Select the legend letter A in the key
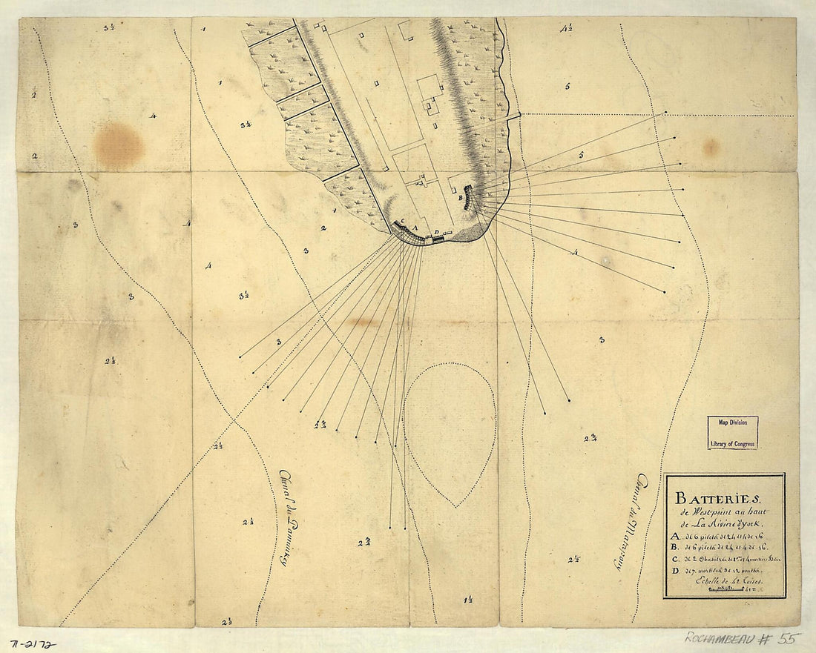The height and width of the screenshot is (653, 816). (x=674, y=537)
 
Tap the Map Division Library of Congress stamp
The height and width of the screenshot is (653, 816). (x=732, y=432)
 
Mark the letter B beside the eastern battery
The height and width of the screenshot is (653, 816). (x=460, y=198)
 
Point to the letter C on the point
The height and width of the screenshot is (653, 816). (x=402, y=222)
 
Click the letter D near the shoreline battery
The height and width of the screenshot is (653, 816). (x=437, y=232)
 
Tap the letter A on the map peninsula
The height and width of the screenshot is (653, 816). (x=416, y=228)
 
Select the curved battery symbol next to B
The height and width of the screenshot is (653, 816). (x=468, y=197)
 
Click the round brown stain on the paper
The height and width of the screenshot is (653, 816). (x=119, y=145)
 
